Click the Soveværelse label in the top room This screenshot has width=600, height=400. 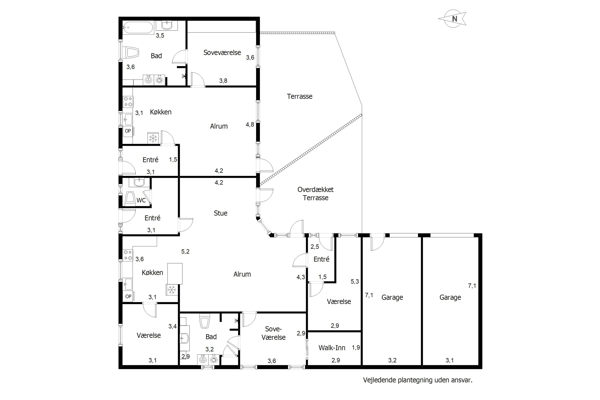(222, 53)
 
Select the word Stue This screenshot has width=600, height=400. (220, 213)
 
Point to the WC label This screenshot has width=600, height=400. (141, 200)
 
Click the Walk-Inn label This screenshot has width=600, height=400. (332, 348)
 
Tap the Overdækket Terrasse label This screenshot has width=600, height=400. (316, 194)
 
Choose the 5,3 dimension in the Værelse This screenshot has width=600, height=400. (355, 281)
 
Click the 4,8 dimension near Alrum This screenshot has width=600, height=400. (250, 124)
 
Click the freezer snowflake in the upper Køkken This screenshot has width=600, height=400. (153, 138)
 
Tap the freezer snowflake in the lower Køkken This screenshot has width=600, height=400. (172, 290)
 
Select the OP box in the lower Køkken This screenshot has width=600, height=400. (128, 296)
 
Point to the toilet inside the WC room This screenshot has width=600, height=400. (130, 198)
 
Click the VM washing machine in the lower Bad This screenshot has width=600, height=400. (203, 359)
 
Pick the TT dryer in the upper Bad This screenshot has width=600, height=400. (159, 80)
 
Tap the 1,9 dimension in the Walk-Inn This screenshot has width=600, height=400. (356, 347)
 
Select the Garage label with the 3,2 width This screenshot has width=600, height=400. (392, 297)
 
